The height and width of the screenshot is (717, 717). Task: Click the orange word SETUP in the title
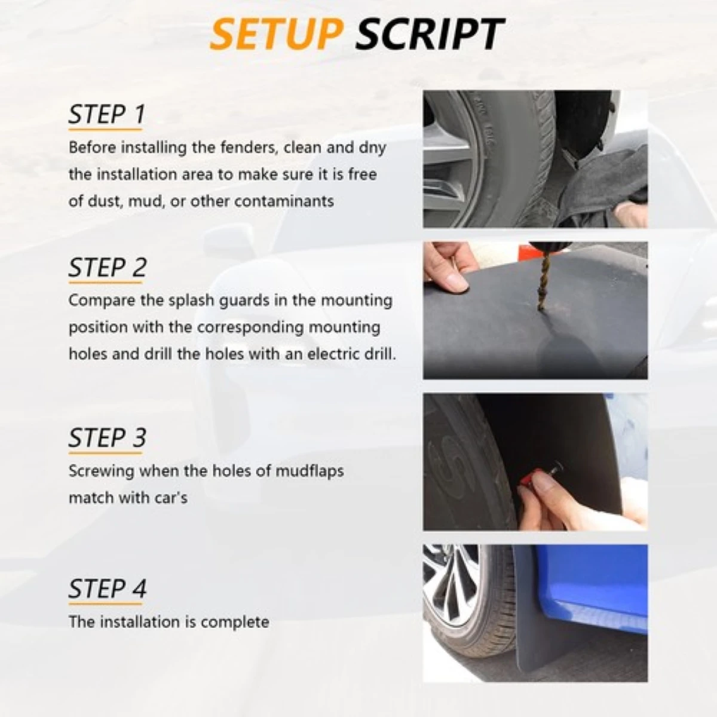tap(275, 34)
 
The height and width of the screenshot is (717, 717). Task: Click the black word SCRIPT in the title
tap(429, 34)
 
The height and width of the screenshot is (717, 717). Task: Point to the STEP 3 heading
tap(107, 437)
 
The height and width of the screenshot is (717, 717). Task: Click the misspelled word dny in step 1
tap(372, 147)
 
